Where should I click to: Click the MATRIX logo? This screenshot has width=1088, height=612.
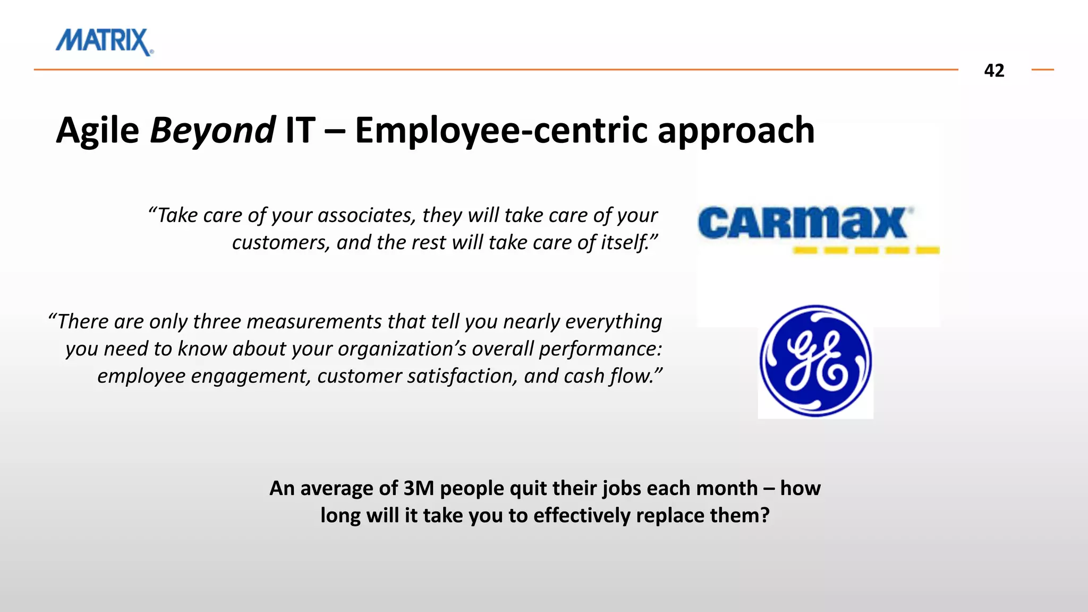[x=104, y=41]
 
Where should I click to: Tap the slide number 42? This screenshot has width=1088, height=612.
[x=994, y=71]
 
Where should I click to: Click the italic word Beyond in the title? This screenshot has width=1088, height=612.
[x=212, y=131]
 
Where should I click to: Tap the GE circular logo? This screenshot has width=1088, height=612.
[x=815, y=361]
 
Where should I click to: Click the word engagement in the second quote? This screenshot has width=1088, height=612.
[x=250, y=376]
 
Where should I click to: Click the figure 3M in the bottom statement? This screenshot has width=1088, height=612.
[x=419, y=488]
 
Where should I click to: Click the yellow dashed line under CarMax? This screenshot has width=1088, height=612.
[x=866, y=250]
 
